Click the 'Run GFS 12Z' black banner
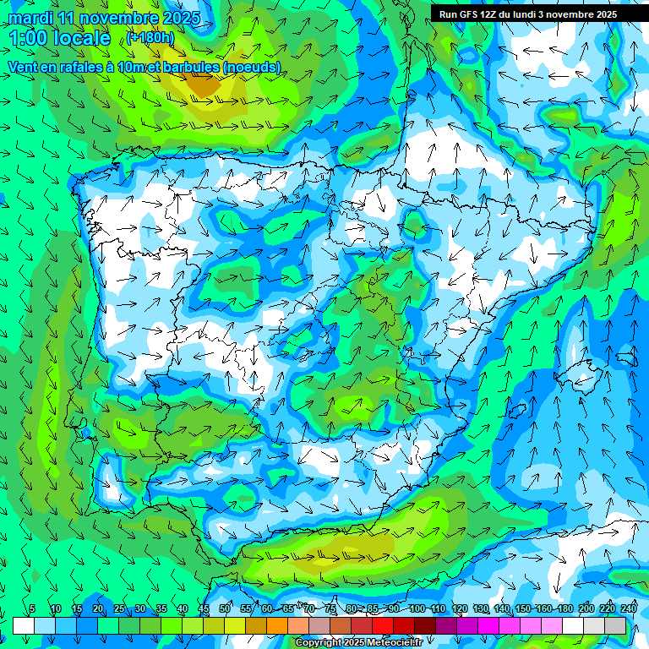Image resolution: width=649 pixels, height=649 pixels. click(528, 14)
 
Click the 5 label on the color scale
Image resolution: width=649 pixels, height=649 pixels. click(32, 608)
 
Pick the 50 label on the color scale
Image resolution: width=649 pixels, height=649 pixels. click(225, 608)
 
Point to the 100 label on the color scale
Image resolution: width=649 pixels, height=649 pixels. click(417, 608)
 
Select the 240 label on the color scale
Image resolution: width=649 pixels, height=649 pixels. click(628, 608)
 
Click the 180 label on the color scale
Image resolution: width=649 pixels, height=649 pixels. click(564, 608)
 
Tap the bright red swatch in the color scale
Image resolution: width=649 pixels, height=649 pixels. click(383, 625)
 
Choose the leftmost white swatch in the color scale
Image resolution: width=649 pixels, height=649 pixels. click(24, 625)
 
